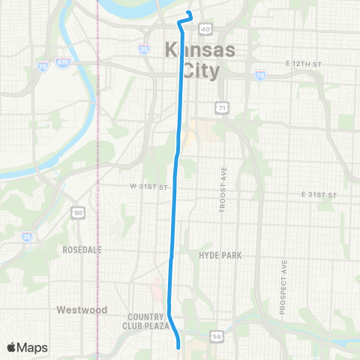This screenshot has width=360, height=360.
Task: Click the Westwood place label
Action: click(82, 309)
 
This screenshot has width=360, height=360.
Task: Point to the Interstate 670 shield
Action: click(64, 62)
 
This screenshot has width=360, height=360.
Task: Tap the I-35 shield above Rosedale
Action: click(28, 237)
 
